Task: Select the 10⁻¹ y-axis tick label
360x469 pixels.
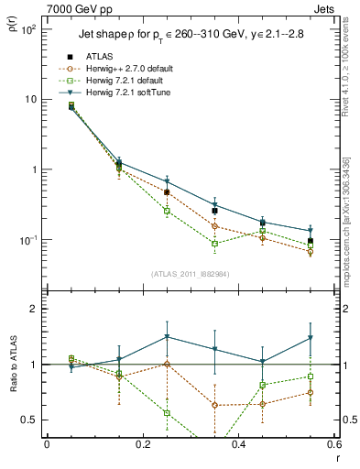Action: click(28, 240)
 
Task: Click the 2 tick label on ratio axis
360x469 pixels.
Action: click(34, 309)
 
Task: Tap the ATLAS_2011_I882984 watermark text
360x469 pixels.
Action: click(190, 272)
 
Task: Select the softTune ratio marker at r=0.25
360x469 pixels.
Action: click(167, 337)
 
